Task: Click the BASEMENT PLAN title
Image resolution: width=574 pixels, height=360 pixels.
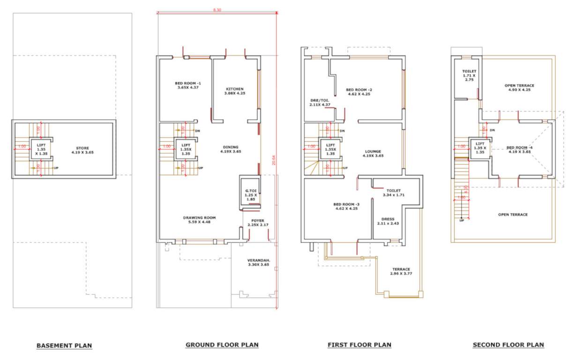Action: click(64, 346)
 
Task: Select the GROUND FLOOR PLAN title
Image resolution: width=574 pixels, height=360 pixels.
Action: click(222, 345)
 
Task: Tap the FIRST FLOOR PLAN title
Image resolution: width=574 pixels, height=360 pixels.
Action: click(359, 345)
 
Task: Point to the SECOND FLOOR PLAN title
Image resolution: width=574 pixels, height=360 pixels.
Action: click(508, 345)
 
